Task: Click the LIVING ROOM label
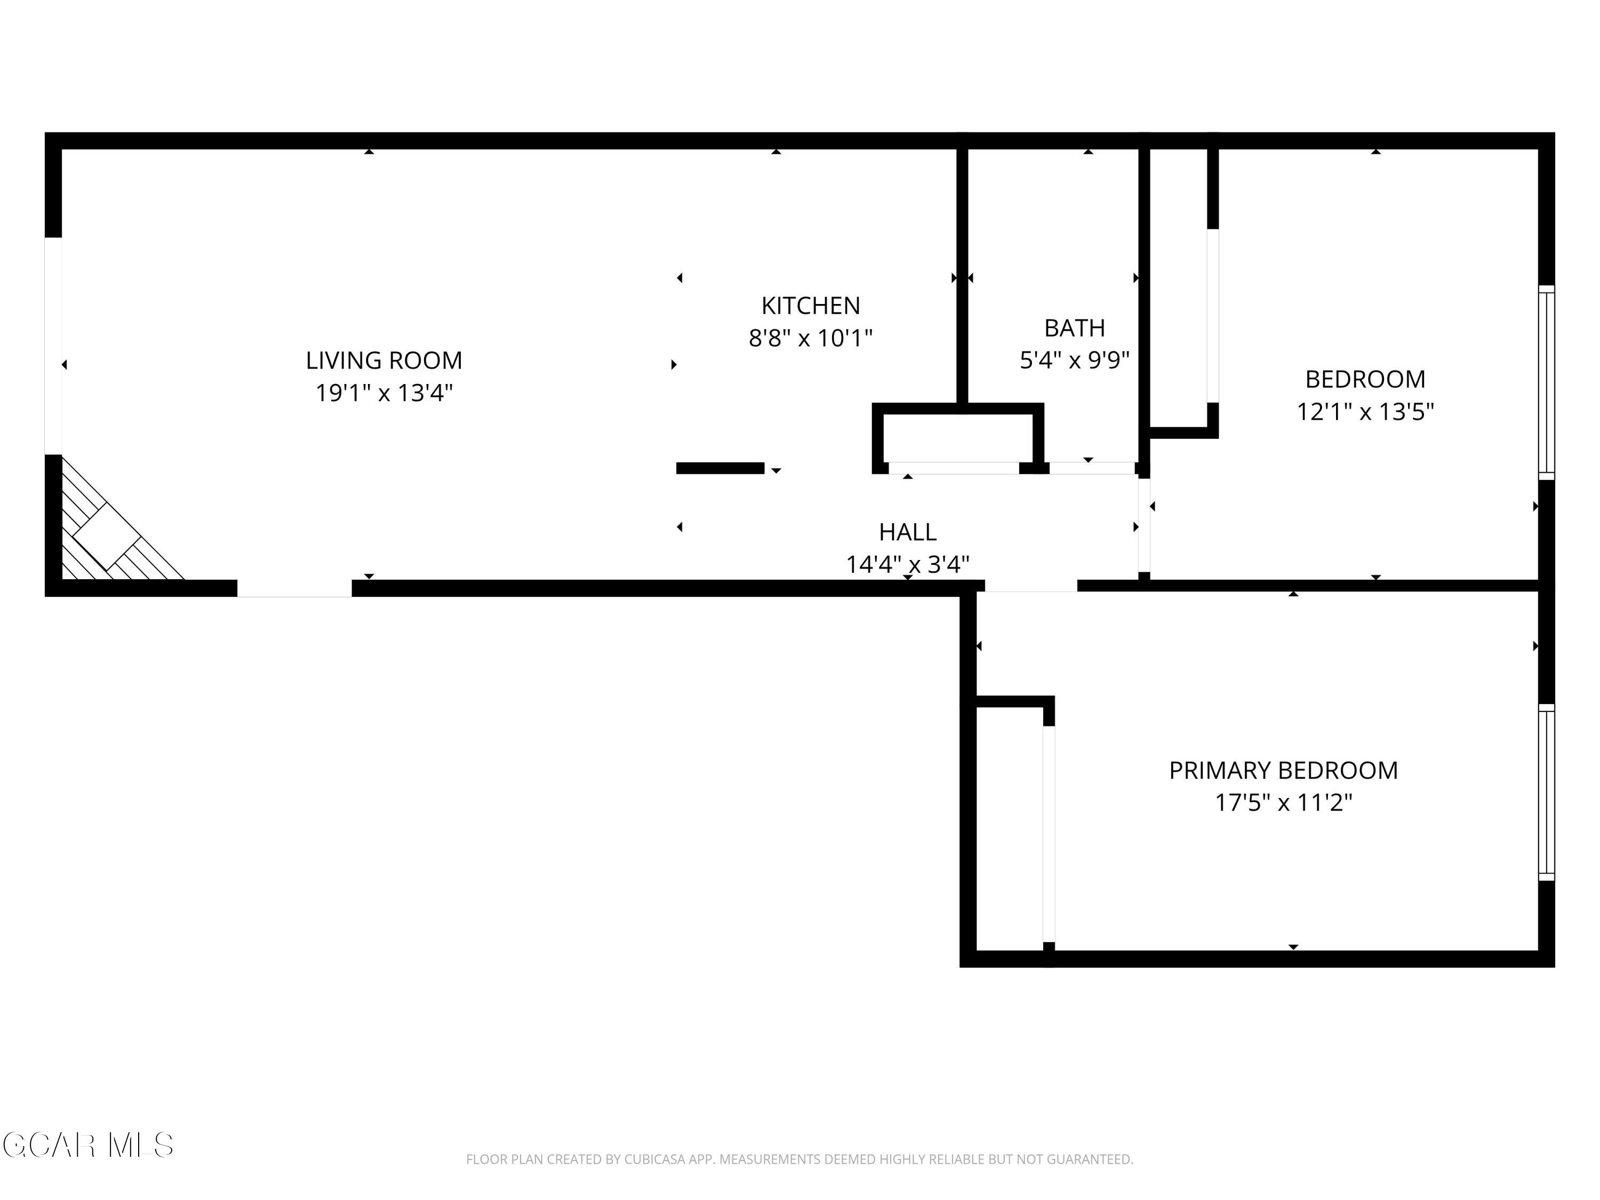tap(383, 360)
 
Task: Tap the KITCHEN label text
tap(811, 306)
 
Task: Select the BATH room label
tap(1074, 329)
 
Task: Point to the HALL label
tap(908, 532)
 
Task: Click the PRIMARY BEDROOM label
tap(1283, 770)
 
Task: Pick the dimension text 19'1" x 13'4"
tap(383, 393)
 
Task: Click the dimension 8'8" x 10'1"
tap(811, 338)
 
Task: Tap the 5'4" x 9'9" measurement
tap(1074, 360)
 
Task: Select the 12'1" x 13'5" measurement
tap(1365, 412)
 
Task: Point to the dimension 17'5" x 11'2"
tap(1283, 803)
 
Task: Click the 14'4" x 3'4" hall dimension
tap(908, 564)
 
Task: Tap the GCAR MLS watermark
tap(87, 1145)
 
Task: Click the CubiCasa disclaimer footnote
tap(799, 1159)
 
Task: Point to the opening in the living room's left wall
tap(53, 346)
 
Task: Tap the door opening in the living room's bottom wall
tap(294, 588)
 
